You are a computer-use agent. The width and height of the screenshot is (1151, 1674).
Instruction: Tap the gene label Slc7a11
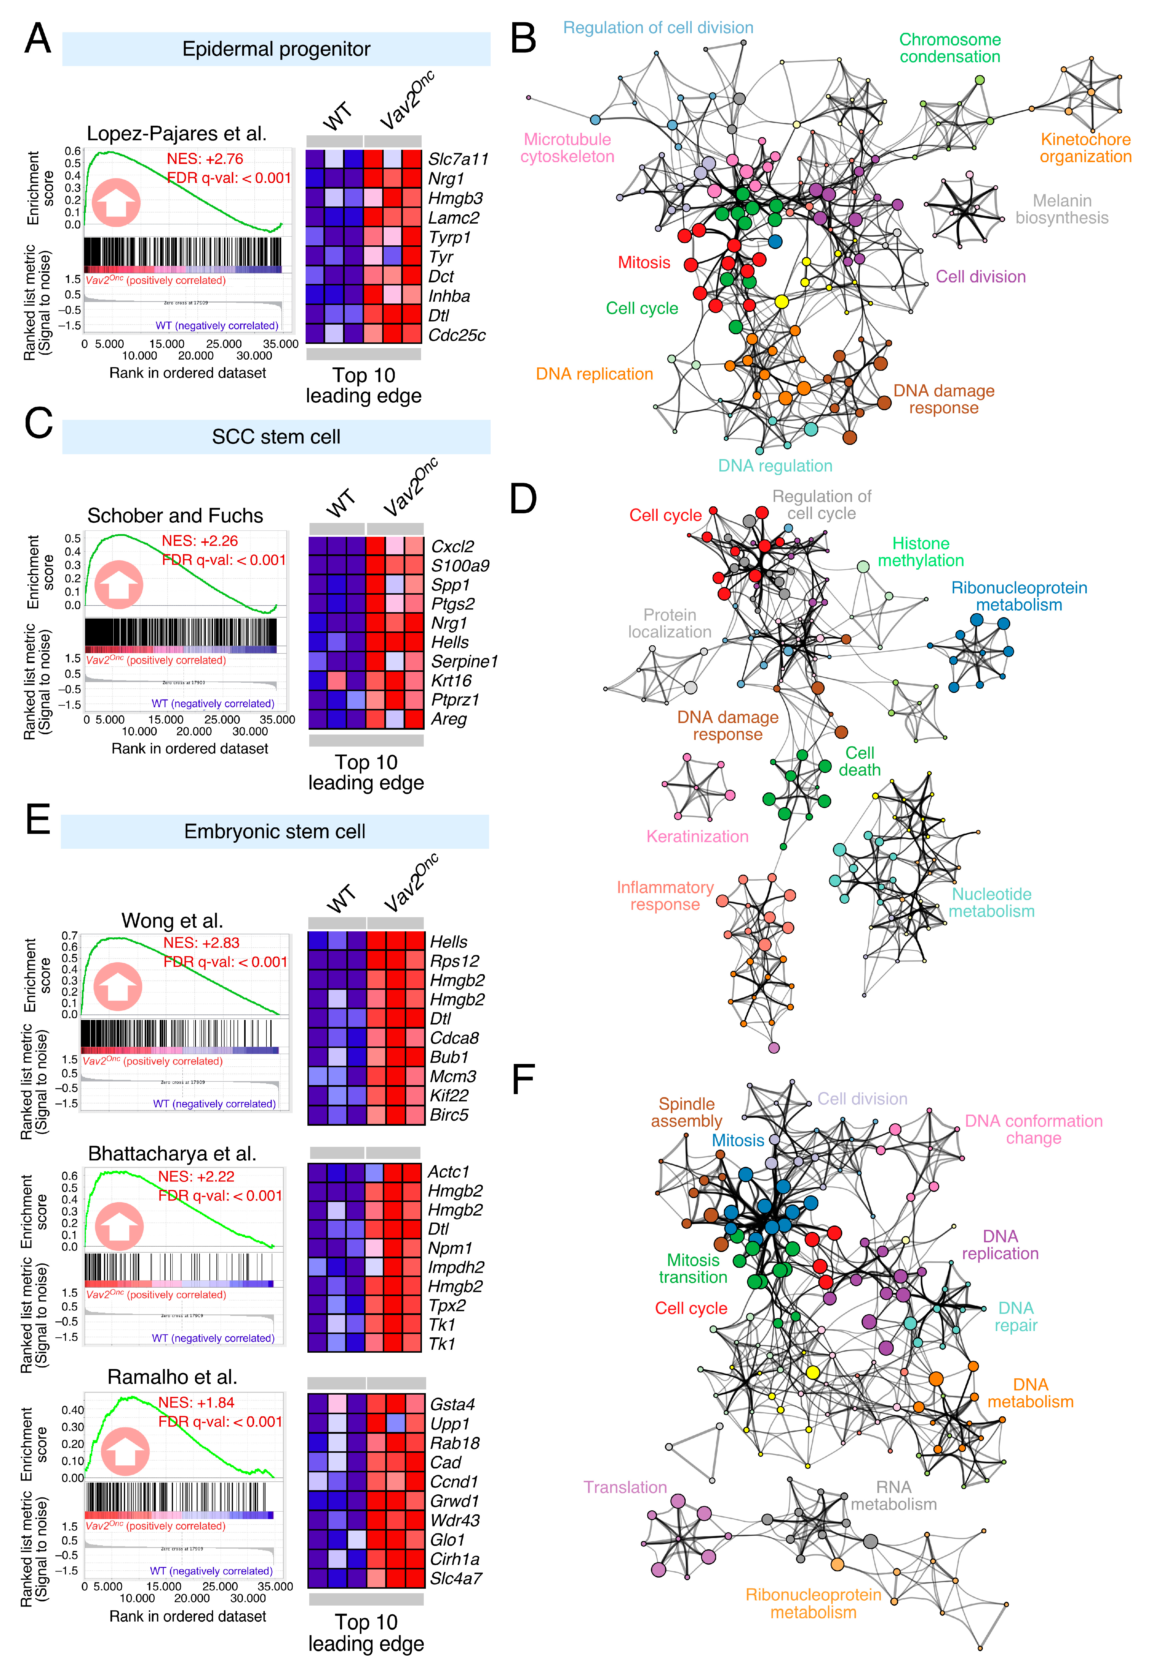pyautogui.click(x=458, y=159)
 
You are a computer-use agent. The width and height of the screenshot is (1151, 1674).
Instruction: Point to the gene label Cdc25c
pyautogui.click(x=457, y=335)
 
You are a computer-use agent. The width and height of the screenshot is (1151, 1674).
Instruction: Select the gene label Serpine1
pyautogui.click(x=464, y=661)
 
